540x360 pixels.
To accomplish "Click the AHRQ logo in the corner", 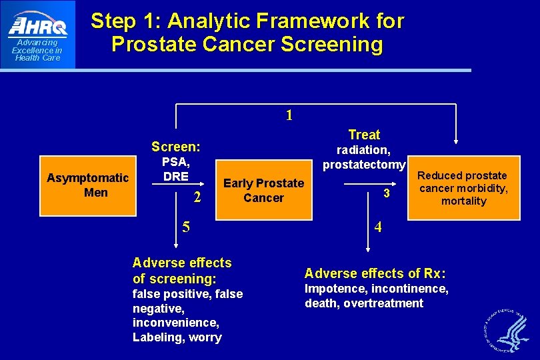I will (37, 34).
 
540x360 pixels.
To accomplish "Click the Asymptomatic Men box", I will (87, 185).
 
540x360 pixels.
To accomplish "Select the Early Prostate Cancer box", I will (263, 190).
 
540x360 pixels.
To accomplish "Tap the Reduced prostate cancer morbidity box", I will (463, 188).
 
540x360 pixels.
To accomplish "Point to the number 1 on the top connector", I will (289, 115).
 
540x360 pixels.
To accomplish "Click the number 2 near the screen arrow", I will (197, 197).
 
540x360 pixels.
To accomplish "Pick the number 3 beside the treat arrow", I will (385, 193).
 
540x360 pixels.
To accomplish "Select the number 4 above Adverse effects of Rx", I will (378, 227).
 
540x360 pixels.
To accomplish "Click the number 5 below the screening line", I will (186, 227).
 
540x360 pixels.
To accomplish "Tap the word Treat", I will (364, 135).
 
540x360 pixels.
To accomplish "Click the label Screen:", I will (175, 147).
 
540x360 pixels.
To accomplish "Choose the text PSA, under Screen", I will (177, 162).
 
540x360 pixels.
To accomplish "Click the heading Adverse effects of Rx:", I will (375, 273).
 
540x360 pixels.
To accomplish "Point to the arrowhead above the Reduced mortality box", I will (456, 141).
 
